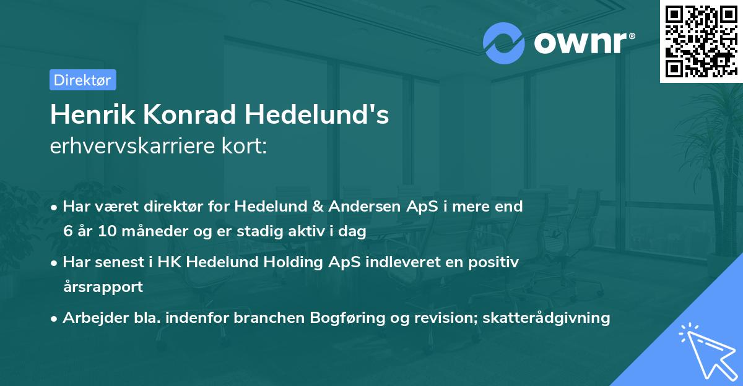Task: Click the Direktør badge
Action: [x=82, y=80]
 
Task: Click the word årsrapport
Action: [x=103, y=287]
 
